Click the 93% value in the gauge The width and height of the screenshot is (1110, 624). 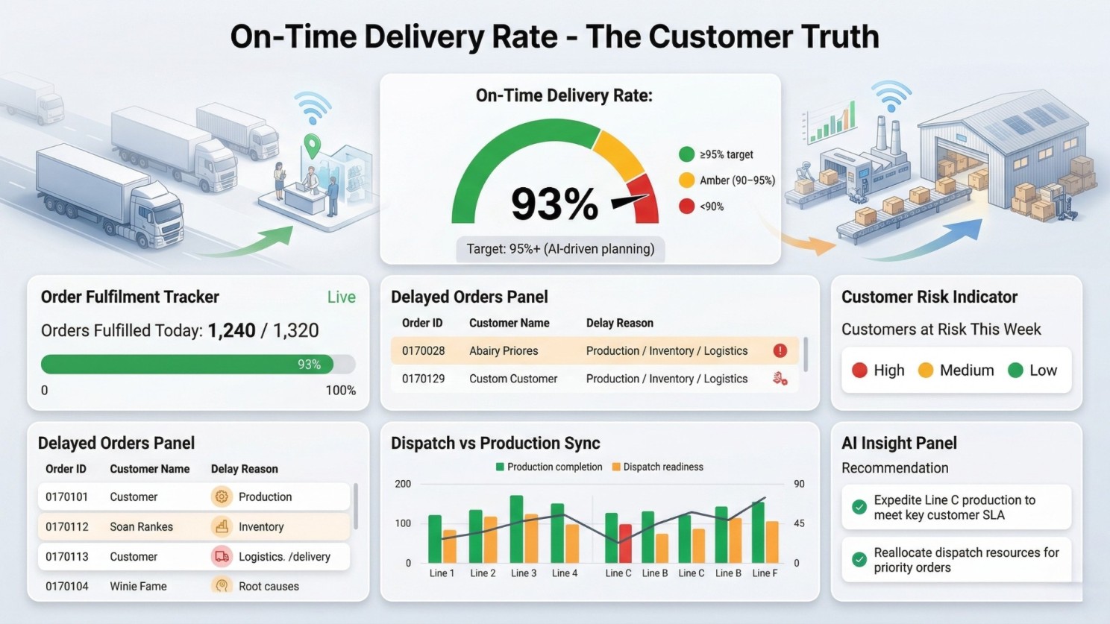tap(554, 204)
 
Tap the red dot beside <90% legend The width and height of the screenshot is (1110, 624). tap(686, 207)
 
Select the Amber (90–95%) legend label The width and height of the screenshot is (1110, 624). tap(737, 180)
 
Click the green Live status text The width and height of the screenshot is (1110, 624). tap(341, 297)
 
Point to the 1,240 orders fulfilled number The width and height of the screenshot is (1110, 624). tap(231, 330)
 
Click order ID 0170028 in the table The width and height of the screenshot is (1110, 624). tap(423, 351)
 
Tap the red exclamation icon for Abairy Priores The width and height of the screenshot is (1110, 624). tap(780, 350)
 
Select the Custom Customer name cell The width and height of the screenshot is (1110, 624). tap(512, 379)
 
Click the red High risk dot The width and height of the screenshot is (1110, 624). tap(859, 371)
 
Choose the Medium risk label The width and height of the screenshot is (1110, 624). tap(966, 371)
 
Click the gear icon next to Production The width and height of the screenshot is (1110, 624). tap(221, 497)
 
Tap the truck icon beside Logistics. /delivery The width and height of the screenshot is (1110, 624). tap(222, 556)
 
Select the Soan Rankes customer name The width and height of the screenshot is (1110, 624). tap(141, 527)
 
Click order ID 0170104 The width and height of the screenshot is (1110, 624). tap(66, 587)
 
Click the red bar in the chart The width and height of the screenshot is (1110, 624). tap(625, 543)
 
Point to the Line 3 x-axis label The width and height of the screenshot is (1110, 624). tap(524, 573)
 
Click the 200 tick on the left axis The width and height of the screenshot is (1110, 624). tap(403, 484)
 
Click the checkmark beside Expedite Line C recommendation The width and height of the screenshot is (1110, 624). tap(859, 507)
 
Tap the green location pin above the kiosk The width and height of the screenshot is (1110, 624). tap(312, 146)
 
